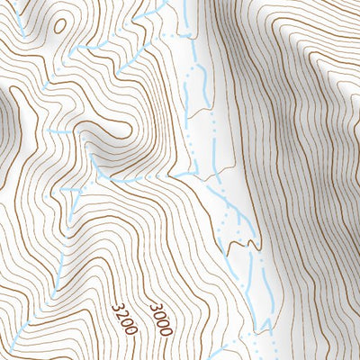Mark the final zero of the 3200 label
(131, 330)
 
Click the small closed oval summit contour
(59, 25)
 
